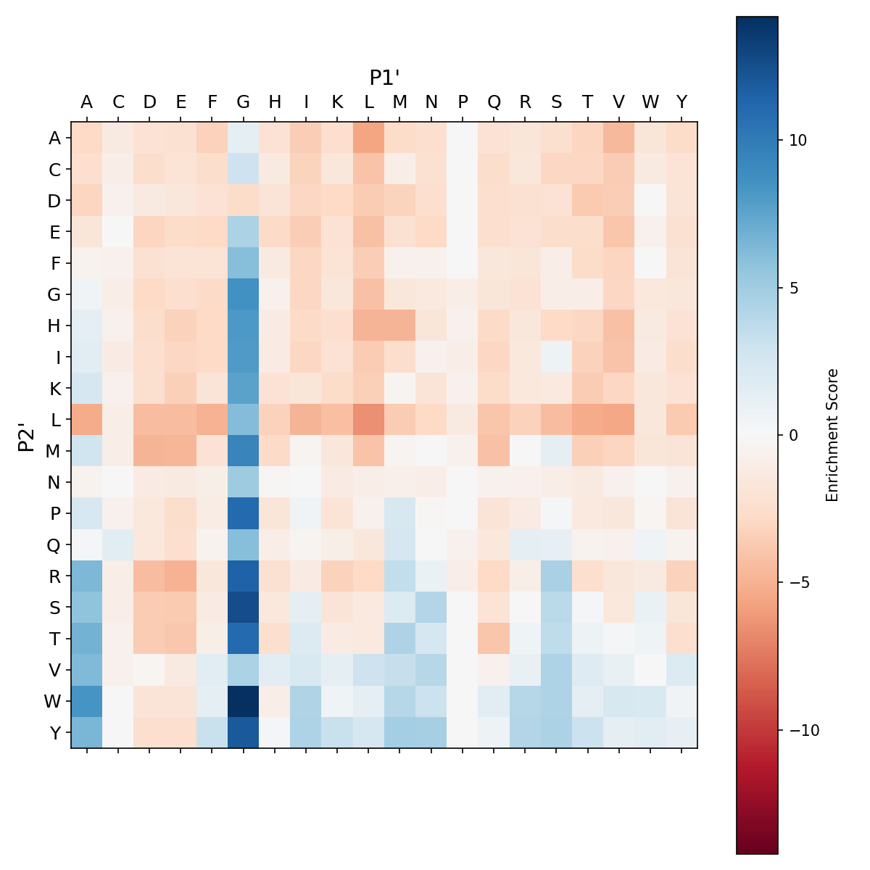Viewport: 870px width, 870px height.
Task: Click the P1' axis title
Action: [385, 78]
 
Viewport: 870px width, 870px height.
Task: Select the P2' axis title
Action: [27, 435]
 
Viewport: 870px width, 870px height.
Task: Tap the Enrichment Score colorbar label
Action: [832, 435]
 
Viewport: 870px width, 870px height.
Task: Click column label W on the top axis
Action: [651, 102]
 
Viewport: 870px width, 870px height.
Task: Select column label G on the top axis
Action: [244, 102]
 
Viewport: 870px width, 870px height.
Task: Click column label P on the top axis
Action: [463, 102]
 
